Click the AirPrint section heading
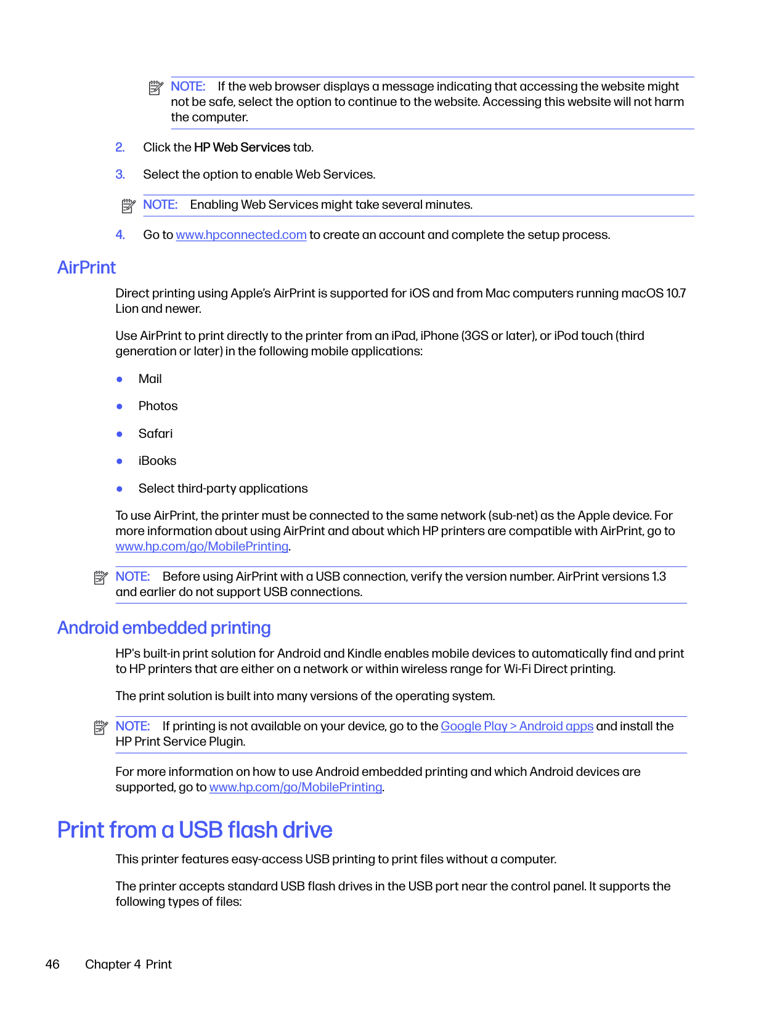pyautogui.click(x=87, y=268)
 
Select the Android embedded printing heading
pyautogui.click(x=164, y=628)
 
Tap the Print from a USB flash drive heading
pyautogui.click(x=195, y=830)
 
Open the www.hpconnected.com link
pyautogui.click(x=241, y=235)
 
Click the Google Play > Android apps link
pyautogui.click(x=517, y=727)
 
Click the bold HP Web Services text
pyautogui.click(x=242, y=148)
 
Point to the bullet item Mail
pyautogui.click(x=150, y=379)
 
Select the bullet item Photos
pyautogui.click(x=158, y=406)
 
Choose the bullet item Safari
pyautogui.click(x=155, y=434)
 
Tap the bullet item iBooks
pyautogui.click(x=157, y=461)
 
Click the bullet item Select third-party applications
pyautogui.click(x=223, y=489)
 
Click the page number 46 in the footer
pyautogui.click(x=52, y=965)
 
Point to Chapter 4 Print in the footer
pyautogui.click(x=128, y=965)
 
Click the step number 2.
pyautogui.click(x=120, y=148)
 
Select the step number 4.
pyautogui.click(x=120, y=235)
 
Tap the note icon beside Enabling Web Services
pyautogui.click(x=128, y=206)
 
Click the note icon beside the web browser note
pyautogui.click(x=156, y=88)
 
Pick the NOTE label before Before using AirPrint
pyautogui.click(x=132, y=577)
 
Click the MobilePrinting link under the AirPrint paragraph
pyautogui.click(x=202, y=547)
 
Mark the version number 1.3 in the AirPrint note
pyautogui.click(x=659, y=577)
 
